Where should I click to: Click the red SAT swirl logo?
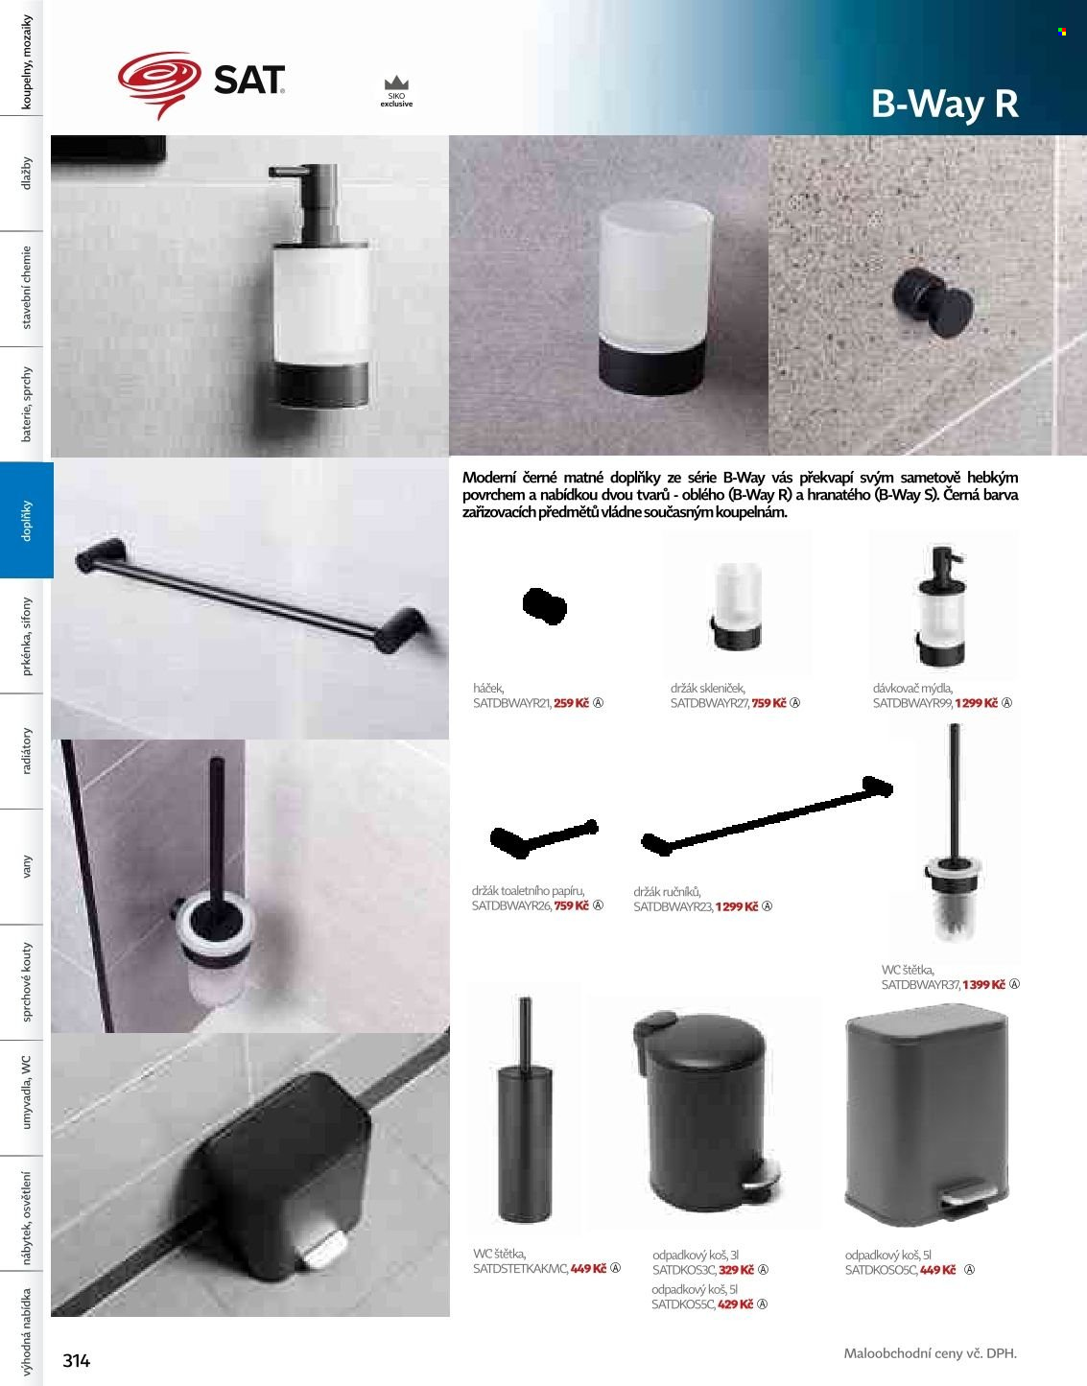159,82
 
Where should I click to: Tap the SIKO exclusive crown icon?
396,82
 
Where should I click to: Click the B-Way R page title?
945,104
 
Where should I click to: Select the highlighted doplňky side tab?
26,520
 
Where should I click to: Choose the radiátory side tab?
26,751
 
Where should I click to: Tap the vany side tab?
26,866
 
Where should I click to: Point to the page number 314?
77,1360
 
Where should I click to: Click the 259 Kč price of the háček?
571,703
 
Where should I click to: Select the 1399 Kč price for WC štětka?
983,984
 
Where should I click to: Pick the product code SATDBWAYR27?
709,703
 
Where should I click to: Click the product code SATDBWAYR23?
673,906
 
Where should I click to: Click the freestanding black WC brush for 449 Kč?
525,1109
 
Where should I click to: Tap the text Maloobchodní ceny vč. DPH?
930,1352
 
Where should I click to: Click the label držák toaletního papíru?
529,890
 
